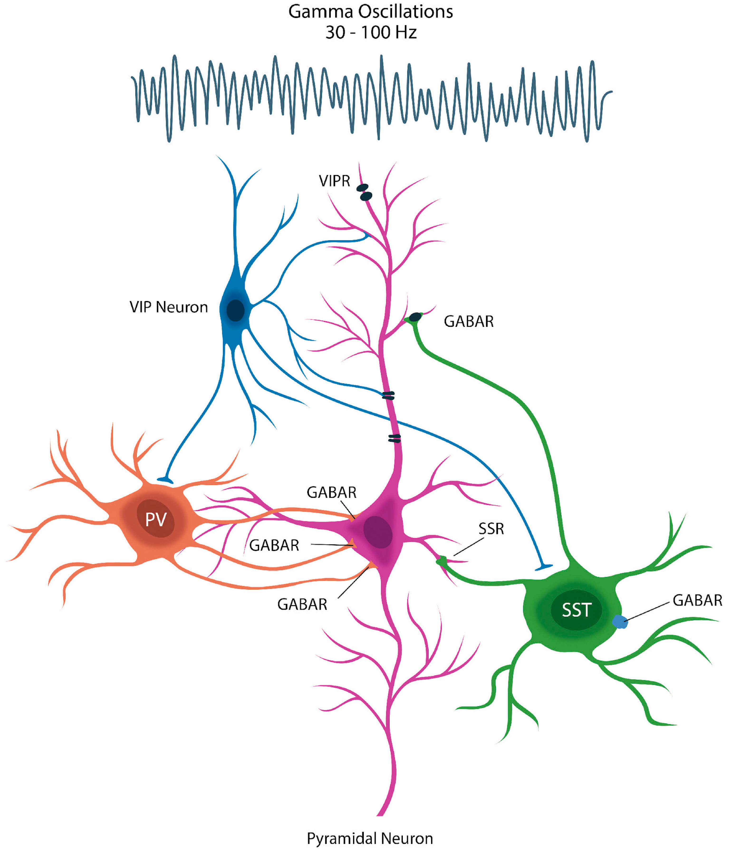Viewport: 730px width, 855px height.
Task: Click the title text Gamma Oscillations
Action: click(370, 12)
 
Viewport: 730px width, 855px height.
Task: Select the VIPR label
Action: click(334, 181)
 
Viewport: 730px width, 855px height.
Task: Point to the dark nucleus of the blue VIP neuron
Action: click(235, 310)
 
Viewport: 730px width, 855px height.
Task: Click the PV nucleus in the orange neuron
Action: click(156, 519)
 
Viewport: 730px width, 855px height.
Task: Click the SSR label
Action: click(491, 528)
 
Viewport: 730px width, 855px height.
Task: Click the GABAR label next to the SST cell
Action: click(697, 600)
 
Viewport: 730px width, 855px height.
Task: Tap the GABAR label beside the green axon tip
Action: click(468, 322)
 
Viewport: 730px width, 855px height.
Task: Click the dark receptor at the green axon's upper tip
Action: click(415, 317)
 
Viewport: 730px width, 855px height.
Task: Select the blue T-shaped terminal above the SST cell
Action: click(543, 568)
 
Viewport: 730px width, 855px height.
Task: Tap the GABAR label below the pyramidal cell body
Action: click(302, 605)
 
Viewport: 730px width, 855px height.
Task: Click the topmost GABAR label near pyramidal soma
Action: click(331, 492)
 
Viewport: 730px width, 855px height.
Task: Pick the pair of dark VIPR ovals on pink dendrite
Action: click(364, 192)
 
